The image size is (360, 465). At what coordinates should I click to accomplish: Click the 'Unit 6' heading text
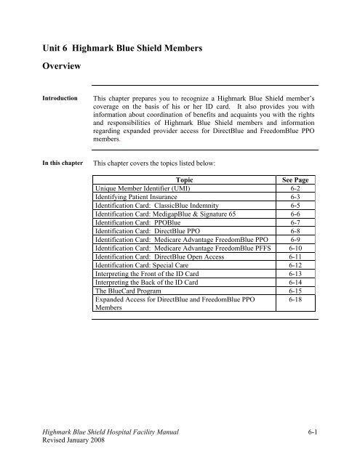[x=45, y=49]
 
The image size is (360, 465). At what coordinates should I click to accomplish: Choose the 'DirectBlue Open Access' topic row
[x=153, y=279]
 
